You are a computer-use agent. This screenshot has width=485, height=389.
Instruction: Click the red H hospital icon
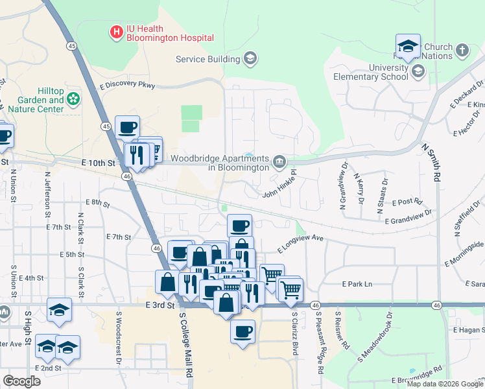point(117,32)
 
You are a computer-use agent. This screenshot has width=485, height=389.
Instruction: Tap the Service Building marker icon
point(250,60)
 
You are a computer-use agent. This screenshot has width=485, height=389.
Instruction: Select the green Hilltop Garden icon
point(74,99)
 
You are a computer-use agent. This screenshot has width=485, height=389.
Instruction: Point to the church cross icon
point(462,50)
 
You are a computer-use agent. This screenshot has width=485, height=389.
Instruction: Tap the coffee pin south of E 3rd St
point(243,331)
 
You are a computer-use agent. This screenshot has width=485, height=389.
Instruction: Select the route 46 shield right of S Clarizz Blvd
point(314,305)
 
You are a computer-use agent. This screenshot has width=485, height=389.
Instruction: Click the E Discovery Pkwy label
point(127,86)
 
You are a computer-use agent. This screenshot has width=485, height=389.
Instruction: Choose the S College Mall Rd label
point(185,343)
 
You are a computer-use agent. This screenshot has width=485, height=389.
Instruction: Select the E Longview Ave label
point(300,243)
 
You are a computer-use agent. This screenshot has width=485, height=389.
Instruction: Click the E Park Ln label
point(357,284)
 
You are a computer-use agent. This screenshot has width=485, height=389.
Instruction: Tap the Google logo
point(21,381)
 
